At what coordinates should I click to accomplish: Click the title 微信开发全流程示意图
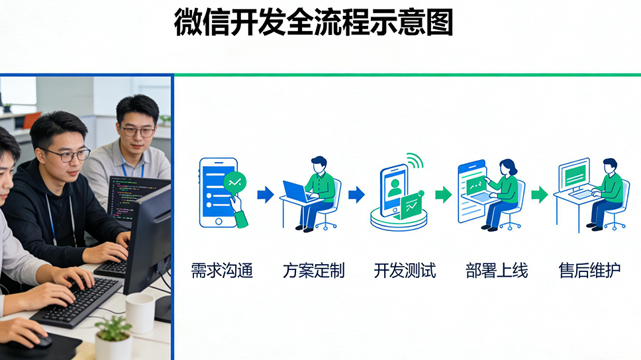point(313,22)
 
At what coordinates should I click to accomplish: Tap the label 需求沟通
point(222,271)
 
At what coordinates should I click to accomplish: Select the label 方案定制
point(314,271)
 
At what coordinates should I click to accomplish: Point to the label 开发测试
point(405,271)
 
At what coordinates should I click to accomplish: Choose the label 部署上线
point(496,271)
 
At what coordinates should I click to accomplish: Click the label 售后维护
point(589,271)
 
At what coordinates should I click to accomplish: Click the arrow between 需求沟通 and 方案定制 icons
point(266,195)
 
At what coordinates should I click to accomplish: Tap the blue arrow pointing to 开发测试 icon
point(356,195)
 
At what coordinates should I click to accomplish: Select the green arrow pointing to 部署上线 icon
point(444,195)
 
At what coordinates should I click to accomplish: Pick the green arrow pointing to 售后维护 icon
point(540,195)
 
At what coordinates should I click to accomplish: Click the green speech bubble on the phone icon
point(234,183)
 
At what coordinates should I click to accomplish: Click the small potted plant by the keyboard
point(114,338)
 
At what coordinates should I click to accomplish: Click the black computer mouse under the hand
point(39,339)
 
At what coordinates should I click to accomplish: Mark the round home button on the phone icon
point(219,222)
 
